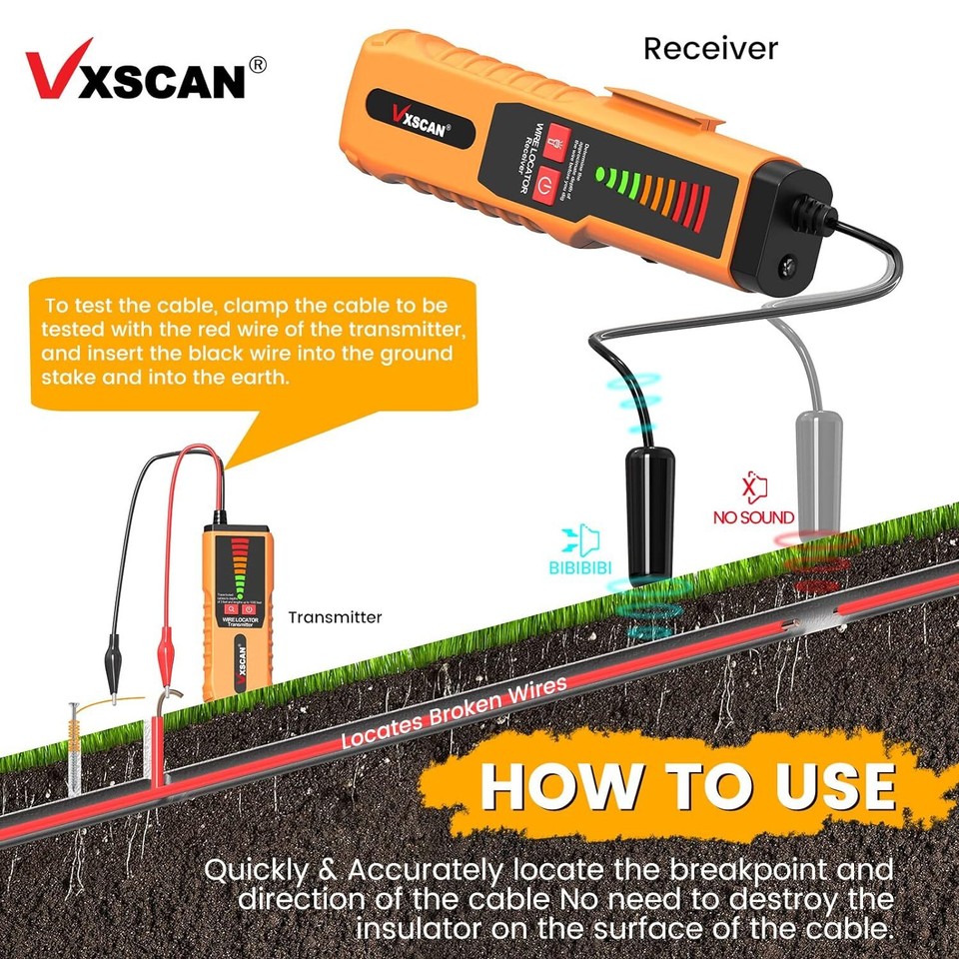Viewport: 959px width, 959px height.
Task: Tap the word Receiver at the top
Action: (x=709, y=47)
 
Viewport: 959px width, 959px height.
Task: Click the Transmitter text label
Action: (x=335, y=617)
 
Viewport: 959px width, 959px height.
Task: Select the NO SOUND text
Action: (x=753, y=517)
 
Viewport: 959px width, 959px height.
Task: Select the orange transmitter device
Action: (x=237, y=610)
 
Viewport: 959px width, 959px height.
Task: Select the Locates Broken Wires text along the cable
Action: (x=455, y=712)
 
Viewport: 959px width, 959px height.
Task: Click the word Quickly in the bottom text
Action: (x=254, y=868)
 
